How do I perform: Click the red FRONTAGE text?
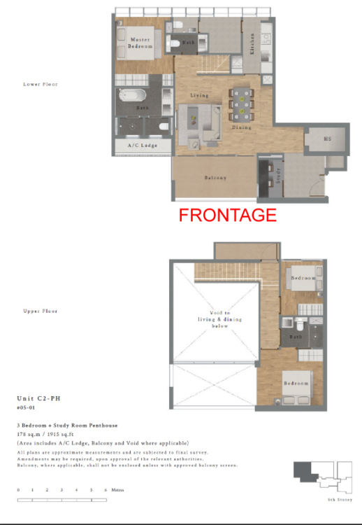(228, 215)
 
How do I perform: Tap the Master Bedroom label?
(140, 43)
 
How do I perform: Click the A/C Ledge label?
(141, 146)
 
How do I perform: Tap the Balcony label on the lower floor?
(215, 178)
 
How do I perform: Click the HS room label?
(326, 139)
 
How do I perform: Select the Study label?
(278, 176)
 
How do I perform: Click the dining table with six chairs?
(241, 105)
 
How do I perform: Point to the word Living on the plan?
(200, 95)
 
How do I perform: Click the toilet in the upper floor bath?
(299, 323)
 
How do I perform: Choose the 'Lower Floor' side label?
(41, 84)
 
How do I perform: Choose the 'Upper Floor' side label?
(41, 311)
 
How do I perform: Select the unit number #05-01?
(27, 407)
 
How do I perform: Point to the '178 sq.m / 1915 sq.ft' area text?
(55, 435)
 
